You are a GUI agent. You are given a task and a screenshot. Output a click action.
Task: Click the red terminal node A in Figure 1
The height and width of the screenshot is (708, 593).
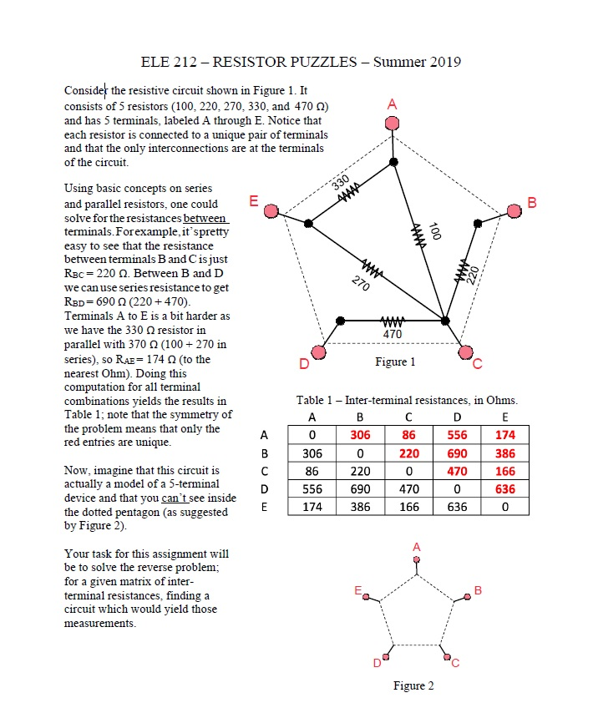click(x=392, y=123)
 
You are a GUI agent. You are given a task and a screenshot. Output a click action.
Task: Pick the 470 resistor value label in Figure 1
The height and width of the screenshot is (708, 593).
click(x=393, y=334)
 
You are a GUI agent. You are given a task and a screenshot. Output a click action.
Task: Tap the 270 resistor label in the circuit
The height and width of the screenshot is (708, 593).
click(x=362, y=282)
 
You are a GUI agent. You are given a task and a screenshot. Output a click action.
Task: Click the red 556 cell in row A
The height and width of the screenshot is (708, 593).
click(x=457, y=434)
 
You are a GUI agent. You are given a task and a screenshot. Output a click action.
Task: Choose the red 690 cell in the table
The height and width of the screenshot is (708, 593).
click(x=457, y=453)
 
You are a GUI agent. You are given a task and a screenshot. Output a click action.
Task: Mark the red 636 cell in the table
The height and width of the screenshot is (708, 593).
click(x=504, y=489)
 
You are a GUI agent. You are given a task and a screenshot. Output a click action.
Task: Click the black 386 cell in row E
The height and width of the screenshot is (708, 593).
click(x=361, y=508)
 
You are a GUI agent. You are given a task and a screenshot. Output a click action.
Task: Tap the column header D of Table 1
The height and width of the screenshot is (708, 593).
click(x=457, y=417)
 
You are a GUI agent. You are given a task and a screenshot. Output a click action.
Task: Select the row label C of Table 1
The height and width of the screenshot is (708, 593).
click(x=264, y=471)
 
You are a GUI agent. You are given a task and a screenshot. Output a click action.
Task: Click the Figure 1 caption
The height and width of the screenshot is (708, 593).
click(x=395, y=362)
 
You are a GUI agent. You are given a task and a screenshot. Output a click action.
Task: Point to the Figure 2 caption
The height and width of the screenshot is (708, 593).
click(x=413, y=685)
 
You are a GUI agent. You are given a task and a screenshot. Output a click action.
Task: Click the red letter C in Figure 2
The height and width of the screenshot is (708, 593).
click(x=455, y=665)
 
